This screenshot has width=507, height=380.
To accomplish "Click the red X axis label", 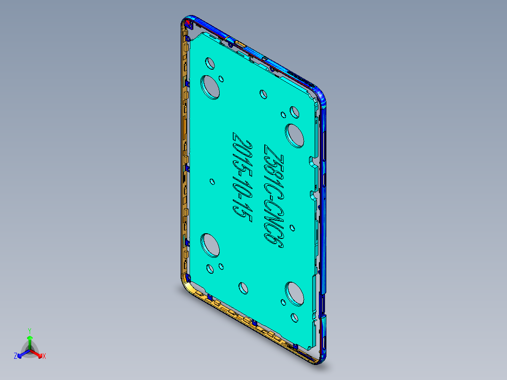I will (44, 356).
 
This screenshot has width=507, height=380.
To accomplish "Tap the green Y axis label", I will (29, 330).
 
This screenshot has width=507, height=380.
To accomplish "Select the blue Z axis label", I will (16, 356).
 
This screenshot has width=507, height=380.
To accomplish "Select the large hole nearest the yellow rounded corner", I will (211, 246).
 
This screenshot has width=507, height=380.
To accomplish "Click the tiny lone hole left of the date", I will (213, 181).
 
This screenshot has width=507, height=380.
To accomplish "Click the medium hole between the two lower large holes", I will (243, 288).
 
